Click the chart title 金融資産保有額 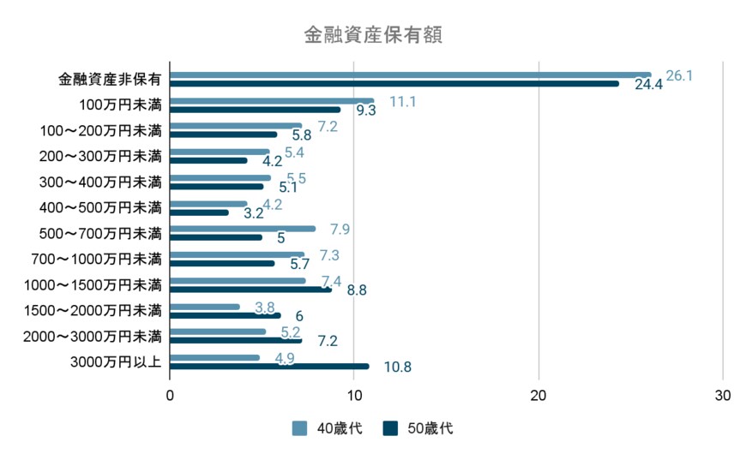click(x=373, y=35)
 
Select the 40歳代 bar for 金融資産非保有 click(x=410, y=75)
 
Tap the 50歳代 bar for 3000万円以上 click(x=269, y=366)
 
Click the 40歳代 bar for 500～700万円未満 click(x=243, y=229)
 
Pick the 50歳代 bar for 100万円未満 click(x=256, y=110)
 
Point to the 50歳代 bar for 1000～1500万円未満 click(x=250, y=290)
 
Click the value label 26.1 click(x=679, y=75)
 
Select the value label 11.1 click(x=403, y=101)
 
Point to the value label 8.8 click(x=357, y=290)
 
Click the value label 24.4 click(x=648, y=85)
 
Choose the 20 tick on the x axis click(x=538, y=396)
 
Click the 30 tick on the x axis click(x=722, y=396)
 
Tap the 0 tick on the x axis click(x=170, y=396)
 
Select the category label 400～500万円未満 click(x=100, y=207)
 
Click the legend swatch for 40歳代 click(x=299, y=428)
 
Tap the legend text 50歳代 click(x=431, y=428)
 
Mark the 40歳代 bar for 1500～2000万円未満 click(x=205, y=307)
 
